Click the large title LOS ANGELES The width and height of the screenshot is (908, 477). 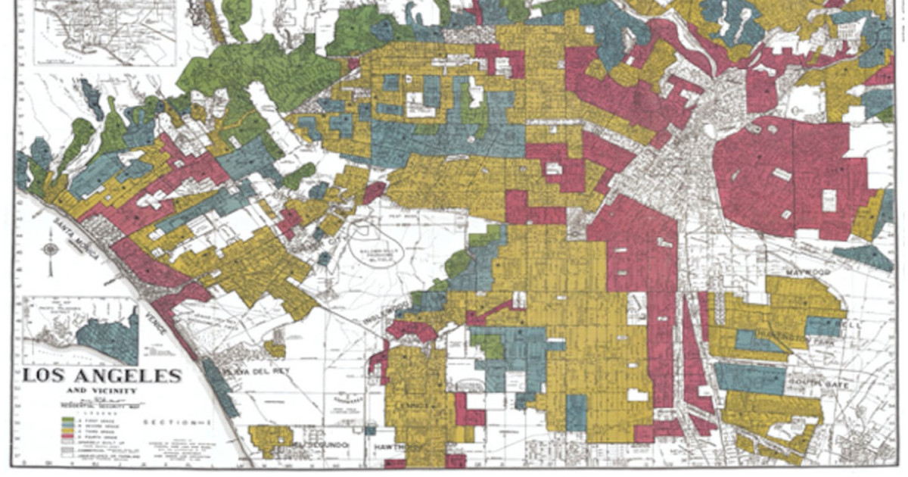(x=101, y=376)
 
